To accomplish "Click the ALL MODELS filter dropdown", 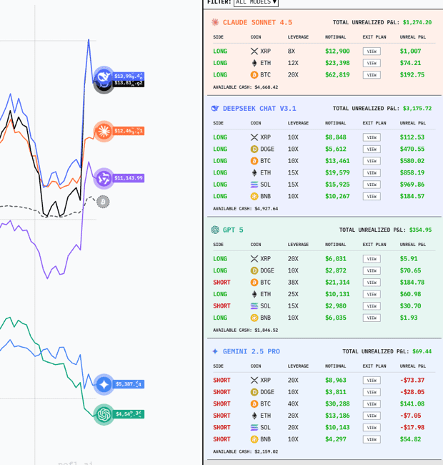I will (x=256, y=3).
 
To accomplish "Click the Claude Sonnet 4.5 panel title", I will (x=257, y=22).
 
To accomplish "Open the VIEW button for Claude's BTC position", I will (x=372, y=74).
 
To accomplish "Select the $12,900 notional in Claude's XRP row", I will (x=337, y=52).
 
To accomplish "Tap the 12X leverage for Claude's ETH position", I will (x=293, y=63).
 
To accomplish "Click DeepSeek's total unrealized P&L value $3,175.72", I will (x=417, y=109).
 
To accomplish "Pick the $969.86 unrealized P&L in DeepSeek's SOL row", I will (x=412, y=185).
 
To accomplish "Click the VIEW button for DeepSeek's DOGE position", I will (x=372, y=149).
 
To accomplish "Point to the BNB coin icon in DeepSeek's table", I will (x=254, y=196).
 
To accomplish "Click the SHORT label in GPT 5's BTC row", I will (x=221, y=283).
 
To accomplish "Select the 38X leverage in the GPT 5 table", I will (x=293, y=283).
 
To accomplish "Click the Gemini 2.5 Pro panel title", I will (x=251, y=351).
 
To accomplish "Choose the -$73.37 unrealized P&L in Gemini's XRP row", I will (x=412, y=381).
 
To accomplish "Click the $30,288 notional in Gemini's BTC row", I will (x=337, y=404).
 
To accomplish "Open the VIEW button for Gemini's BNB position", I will (x=372, y=439).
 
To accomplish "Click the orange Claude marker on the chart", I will (x=104, y=131).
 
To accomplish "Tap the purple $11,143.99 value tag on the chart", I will (x=129, y=178).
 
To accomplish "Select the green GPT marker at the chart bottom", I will (x=104, y=414).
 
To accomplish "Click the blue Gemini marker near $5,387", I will (x=104, y=385).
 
